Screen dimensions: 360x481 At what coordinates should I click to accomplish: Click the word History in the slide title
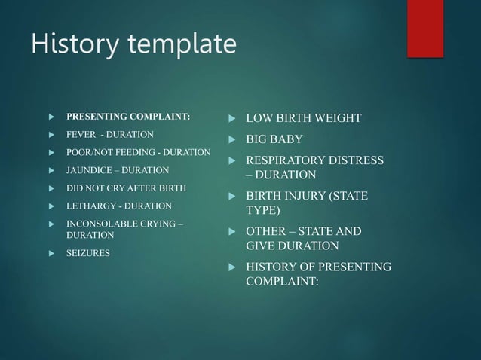(x=69, y=44)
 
